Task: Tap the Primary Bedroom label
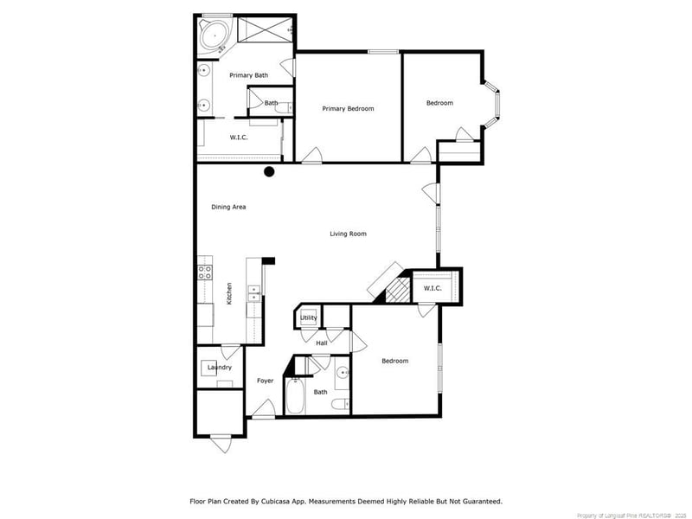pyautogui.click(x=348, y=109)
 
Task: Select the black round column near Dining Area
pyautogui.click(x=269, y=171)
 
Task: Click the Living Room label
pyautogui.click(x=348, y=234)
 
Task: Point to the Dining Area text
pyautogui.click(x=229, y=208)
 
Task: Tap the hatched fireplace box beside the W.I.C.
pyautogui.click(x=396, y=290)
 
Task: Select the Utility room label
pyautogui.click(x=308, y=318)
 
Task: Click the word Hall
pyautogui.click(x=321, y=343)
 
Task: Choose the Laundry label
pyautogui.click(x=219, y=368)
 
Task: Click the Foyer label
pyautogui.click(x=265, y=381)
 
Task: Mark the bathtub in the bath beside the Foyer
pyautogui.click(x=293, y=399)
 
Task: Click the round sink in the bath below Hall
pyautogui.click(x=343, y=374)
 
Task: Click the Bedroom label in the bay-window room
pyautogui.click(x=439, y=104)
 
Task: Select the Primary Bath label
pyautogui.click(x=248, y=76)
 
